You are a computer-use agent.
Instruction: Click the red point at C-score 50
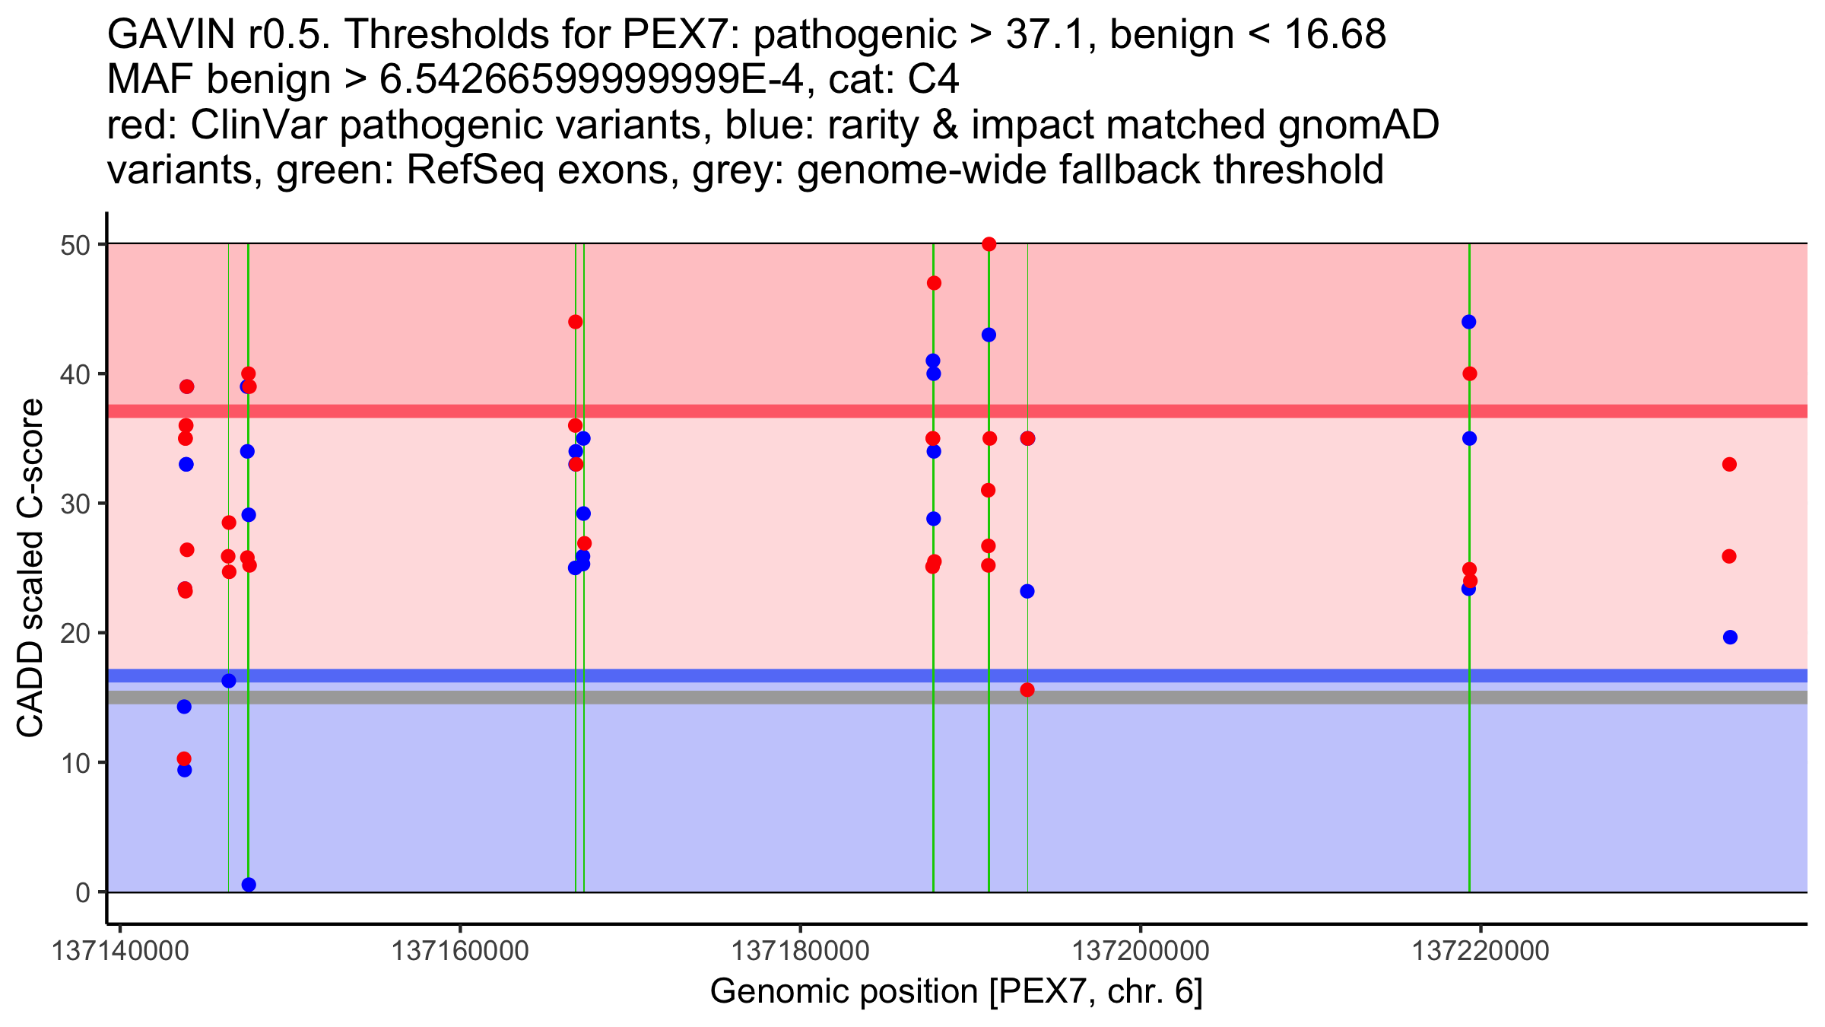point(989,244)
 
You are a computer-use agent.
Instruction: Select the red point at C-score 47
point(934,283)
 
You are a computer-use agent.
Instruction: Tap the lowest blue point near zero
point(249,884)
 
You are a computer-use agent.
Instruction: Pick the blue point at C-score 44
point(1468,322)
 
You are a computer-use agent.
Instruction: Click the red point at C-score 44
point(575,322)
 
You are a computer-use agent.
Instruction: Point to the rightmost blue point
point(1730,638)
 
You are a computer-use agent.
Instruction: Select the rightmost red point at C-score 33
point(1729,464)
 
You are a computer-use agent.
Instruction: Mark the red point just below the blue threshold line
point(1027,690)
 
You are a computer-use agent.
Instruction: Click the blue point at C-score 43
point(989,335)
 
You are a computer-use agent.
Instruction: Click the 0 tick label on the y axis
point(82,892)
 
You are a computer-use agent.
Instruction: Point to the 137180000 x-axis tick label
point(799,951)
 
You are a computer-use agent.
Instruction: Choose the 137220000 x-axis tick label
point(1480,951)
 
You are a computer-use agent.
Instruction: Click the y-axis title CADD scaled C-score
point(30,568)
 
